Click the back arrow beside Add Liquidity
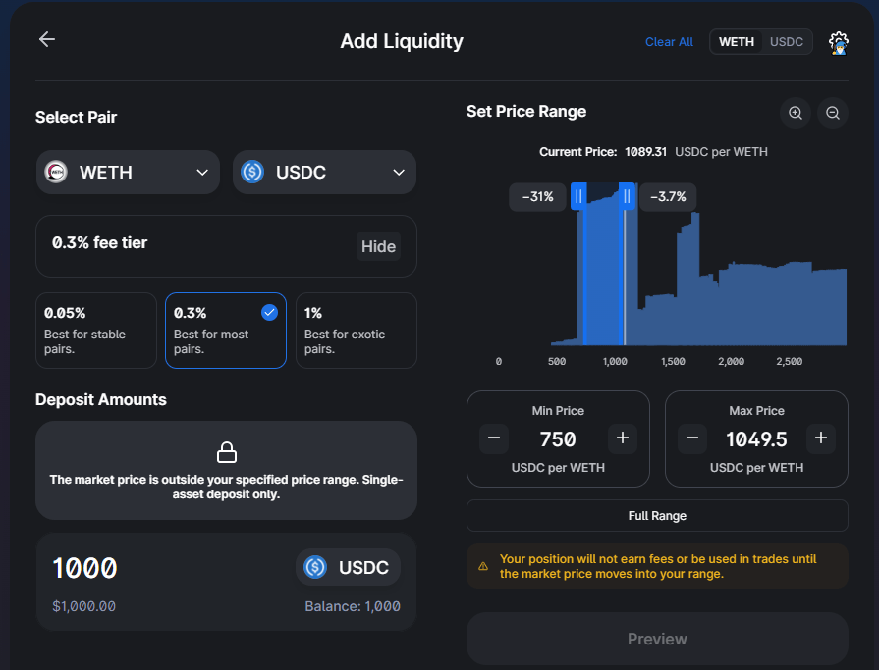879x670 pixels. (47, 39)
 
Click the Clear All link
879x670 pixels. (669, 42)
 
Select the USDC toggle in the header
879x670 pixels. (786, 42)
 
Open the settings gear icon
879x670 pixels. (839, 43)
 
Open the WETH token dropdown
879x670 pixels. (128, 173)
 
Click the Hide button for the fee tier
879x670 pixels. (378, 246)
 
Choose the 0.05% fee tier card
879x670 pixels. (96, 331)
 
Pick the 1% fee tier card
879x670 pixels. (356, 331)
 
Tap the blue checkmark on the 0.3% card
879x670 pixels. (270, 312)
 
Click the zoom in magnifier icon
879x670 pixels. (796, 113)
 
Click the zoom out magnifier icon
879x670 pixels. (833, 113)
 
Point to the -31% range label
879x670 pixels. (537, 197)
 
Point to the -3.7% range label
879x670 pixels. (668, 197)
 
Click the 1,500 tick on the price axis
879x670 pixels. (673, 362)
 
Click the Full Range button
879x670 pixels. (657, 516)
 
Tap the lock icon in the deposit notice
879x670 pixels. (227, 452)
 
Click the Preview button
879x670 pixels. (657, 639)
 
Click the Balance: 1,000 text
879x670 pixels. (352, 606)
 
